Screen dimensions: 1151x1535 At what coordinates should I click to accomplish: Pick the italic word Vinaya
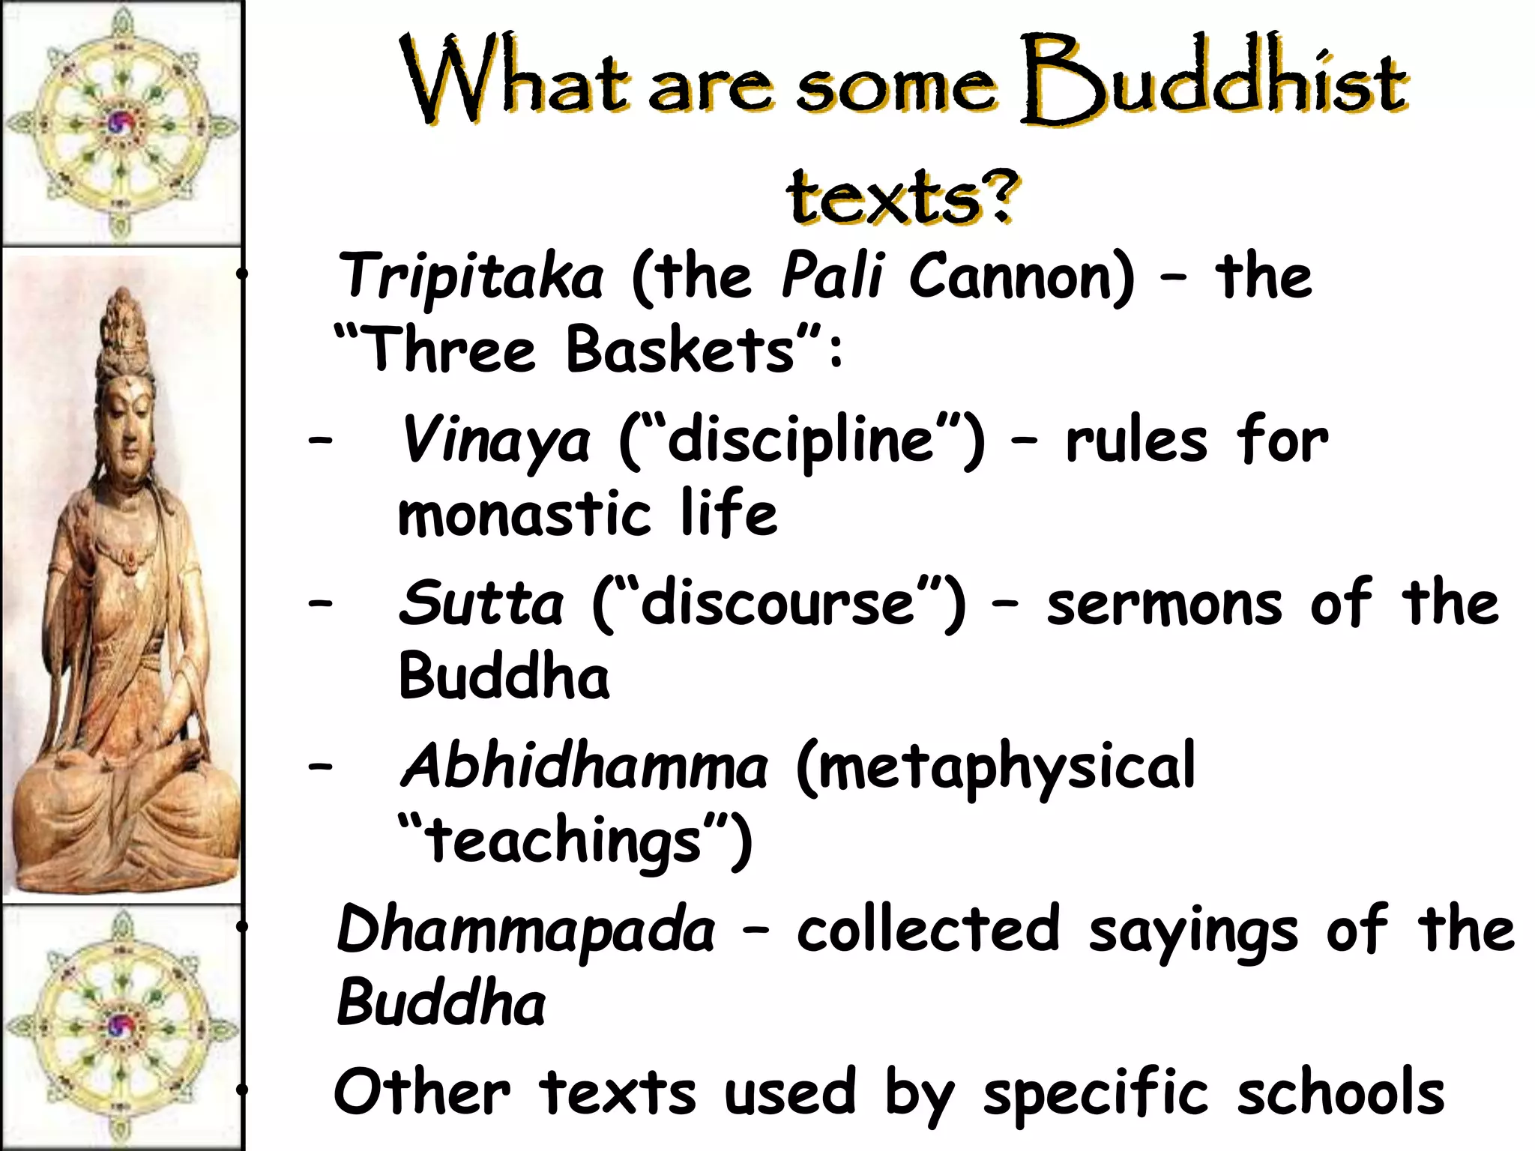pos(495,441)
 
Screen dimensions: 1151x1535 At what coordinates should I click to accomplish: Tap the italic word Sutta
pos(480,604)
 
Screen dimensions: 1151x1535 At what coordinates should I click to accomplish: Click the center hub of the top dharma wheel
pos(121,123)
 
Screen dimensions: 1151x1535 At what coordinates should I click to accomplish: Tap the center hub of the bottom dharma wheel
pos(120,1026)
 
